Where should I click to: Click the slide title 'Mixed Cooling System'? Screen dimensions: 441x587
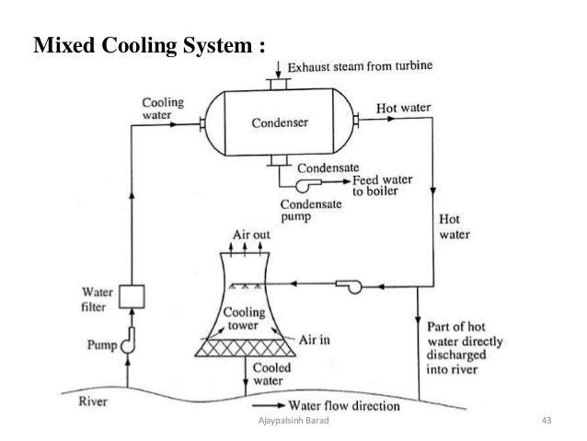(148, 46)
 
